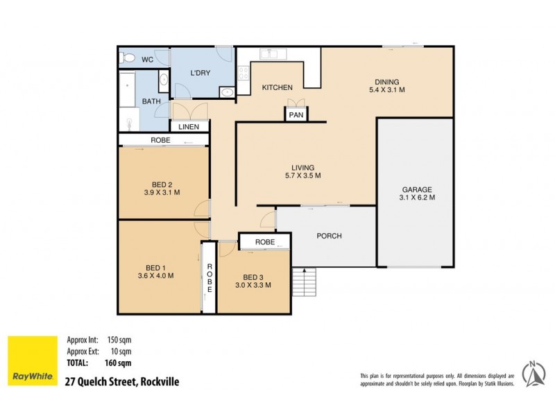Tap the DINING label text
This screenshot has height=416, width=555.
(386, 80)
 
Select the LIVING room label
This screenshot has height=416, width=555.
(302, 168)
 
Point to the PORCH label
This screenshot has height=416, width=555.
(329, 236)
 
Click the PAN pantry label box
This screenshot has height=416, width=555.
(296, 116)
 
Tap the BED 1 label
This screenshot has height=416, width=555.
(155, 266)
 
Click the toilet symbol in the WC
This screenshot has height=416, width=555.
(126, 58)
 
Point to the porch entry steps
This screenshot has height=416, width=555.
(304, 280)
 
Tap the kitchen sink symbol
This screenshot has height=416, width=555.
(268, 53)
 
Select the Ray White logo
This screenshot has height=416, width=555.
(32, 361)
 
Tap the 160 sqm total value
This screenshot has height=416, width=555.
(118, 363)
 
